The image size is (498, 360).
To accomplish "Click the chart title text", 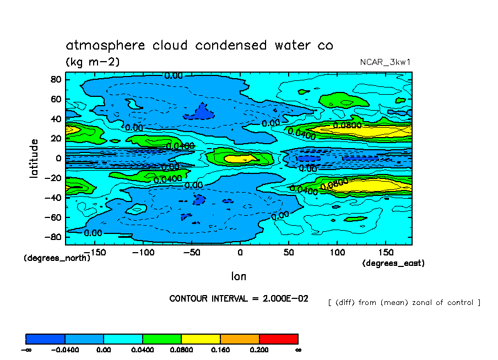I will tap(199, 45).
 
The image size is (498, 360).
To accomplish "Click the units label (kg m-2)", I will tap(93, 62).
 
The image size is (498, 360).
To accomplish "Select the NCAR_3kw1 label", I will tap(385, 62).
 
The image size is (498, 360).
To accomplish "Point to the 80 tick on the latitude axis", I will tap(55, 79).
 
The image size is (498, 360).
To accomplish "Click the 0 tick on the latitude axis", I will tap(58, 158).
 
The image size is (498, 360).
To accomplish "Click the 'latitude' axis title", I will tap(34, 158).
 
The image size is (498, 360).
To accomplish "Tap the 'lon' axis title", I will tap(239, 276).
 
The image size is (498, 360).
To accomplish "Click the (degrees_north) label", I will tap(57, 258).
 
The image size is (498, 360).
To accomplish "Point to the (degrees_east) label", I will tap(393, 264).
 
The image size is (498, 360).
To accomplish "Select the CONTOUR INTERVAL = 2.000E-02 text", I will tap(239, 298).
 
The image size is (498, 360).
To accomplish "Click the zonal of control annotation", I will tap(404, 302).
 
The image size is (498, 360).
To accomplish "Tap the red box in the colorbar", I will tap(278, 339).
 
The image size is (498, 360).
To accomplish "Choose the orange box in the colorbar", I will tap(240, 339).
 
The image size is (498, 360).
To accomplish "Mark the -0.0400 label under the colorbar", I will tap(65, 350).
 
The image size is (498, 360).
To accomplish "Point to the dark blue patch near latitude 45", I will tap(205, 112).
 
